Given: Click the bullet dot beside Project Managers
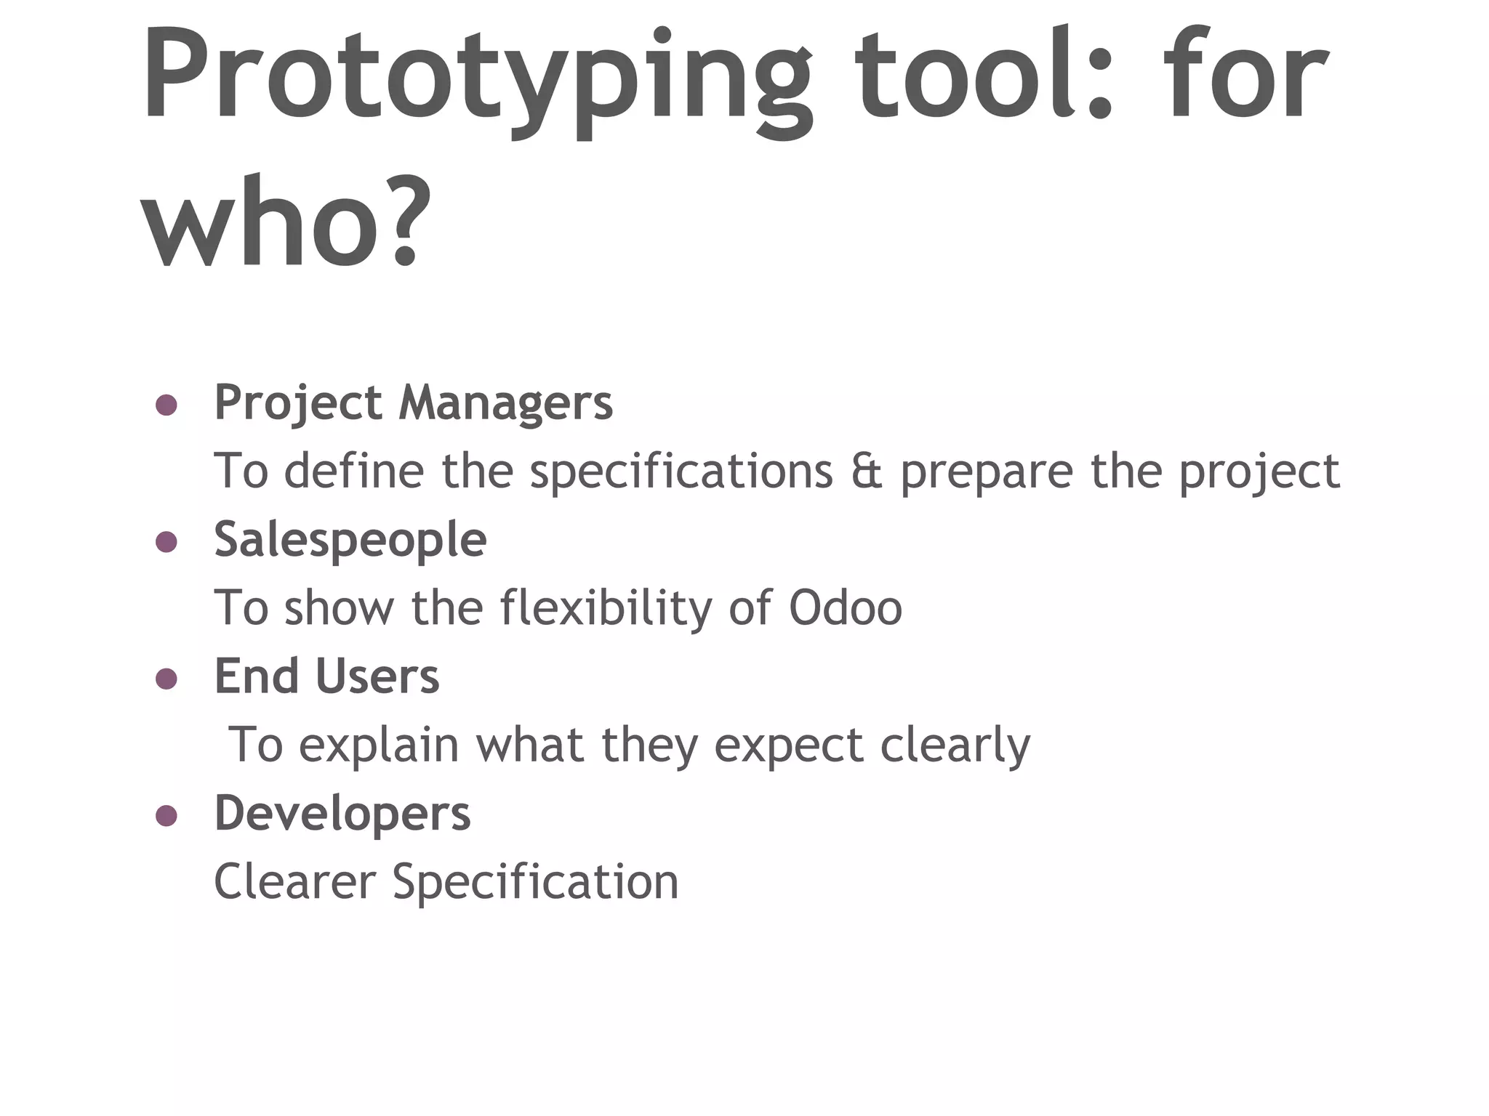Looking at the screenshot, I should point(166,405).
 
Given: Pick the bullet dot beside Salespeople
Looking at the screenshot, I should point(166,541).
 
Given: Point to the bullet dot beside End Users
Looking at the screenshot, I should point(166,679).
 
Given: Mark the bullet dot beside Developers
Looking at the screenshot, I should point(166,815).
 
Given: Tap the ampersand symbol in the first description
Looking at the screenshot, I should point(866,472).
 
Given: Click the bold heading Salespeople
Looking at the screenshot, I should point(350,540).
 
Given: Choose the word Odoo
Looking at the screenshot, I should point(845,608).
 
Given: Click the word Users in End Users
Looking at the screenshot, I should point(377,676).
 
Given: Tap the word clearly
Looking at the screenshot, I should point(955,745).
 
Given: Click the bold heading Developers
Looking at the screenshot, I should point(342,814).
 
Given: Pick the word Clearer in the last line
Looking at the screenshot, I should point(294,881).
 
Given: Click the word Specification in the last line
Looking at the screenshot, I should point(535,881).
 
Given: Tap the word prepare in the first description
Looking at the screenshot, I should point(987,472).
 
